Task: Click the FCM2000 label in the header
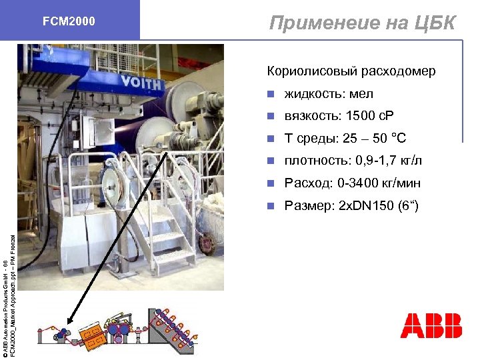[x=69, y=22]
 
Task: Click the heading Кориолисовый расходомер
[x=351, y=71]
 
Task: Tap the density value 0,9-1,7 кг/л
[x=389, y=161]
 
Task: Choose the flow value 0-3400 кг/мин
[x=388, y=183]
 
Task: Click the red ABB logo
[x=431, y=325]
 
